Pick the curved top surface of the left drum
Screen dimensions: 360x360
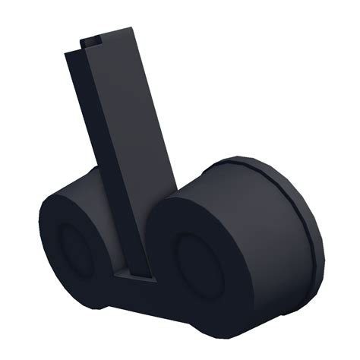click(76, 190)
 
